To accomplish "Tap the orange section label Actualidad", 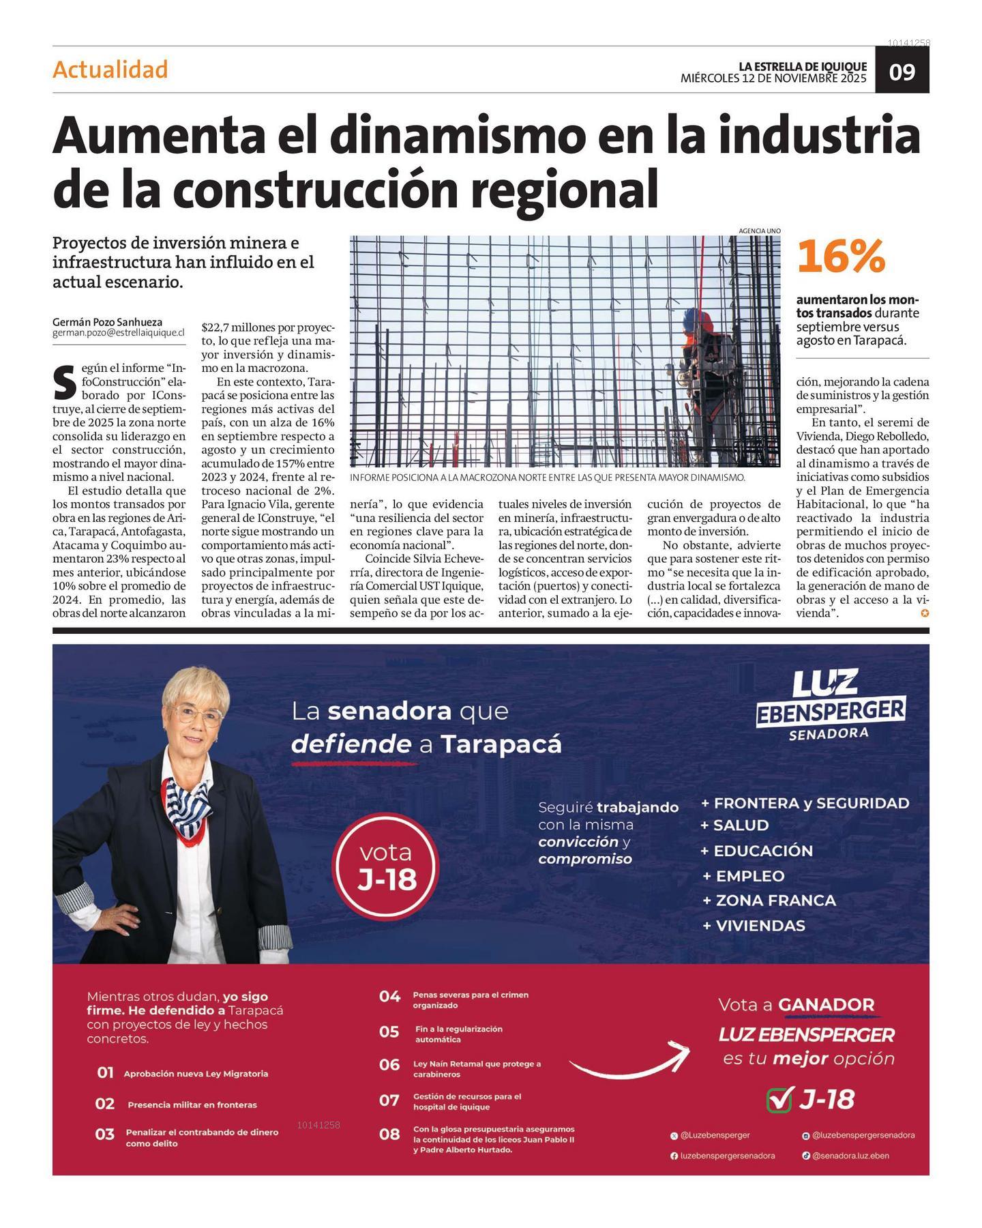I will point(110,70).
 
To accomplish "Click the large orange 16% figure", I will point(841,257).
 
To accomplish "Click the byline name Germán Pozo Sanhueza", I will point(107,322).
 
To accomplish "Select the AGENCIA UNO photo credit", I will point(759,231).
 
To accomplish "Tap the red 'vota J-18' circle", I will point(387,866).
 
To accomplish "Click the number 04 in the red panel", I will point(389,997).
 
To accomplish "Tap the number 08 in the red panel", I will point(389,1134).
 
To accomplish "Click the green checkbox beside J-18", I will point(779,1100).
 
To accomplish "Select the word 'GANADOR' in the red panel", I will point(826,1005).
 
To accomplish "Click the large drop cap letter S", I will point(64,383).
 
